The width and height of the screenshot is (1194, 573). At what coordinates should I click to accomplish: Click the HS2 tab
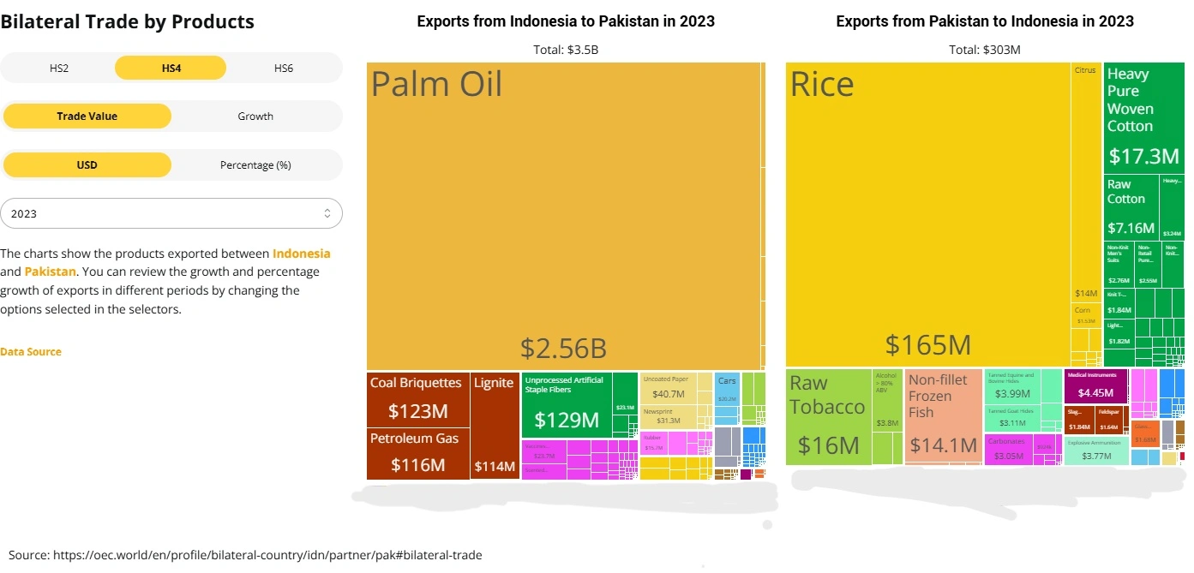pyautogui.click(x=58, y=68)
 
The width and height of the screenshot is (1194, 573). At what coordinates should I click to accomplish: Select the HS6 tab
pyautogui.click(x=284, y=68)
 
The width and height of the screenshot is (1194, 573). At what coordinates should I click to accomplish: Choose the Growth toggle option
pyautogui.click(x=255, y=116)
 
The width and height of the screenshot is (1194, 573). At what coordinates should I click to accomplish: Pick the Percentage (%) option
pyautogui.click(x=255, y=164)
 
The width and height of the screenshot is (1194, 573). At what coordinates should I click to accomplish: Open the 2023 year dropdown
pyautogui.click(x=171, y=213)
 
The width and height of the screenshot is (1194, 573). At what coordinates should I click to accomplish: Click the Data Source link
pyautogui.click(x=31, y=351)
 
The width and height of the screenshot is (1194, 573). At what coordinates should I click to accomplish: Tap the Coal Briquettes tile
pyautogui.click(x=418, y=399)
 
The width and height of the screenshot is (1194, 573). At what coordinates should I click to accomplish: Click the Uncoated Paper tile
pyautogui.click(x=669, y=387)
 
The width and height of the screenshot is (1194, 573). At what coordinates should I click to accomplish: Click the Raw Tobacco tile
pyautogui.click(x=827, y=417)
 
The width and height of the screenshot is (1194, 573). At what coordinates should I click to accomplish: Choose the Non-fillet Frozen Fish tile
pyautogui.click(x=942, y=417)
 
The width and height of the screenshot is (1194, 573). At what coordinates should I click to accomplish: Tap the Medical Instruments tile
pyautogui.click(x=1095, y=385)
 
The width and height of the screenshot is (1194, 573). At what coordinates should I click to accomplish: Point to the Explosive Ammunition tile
pyautogui.click(x=1095, y=450)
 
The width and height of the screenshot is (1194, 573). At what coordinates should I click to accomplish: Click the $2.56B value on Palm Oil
pyautogui.click(x=563, y=348)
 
